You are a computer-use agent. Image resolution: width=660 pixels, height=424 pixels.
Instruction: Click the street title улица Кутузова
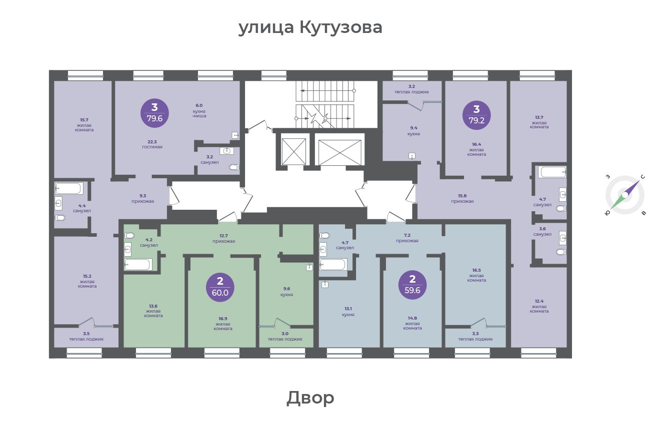click(310, 27)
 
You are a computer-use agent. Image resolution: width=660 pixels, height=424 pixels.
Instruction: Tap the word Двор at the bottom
click(310, 398)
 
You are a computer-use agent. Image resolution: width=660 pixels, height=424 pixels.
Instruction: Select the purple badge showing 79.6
click(154, 113)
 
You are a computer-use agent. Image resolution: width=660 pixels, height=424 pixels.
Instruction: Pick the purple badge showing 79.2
click(476, 115)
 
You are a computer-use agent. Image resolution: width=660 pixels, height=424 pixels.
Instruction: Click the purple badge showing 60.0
click(220, 287)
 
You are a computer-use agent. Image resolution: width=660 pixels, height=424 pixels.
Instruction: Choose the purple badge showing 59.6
click(412, 285)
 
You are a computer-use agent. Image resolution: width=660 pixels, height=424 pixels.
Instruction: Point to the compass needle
click(625, 195)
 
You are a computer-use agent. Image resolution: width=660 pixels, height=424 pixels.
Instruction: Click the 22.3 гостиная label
click(152, 144)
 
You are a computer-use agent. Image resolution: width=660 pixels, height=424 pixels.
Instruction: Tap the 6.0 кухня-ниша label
click(199, 111)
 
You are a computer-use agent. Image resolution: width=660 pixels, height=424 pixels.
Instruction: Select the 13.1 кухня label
click(348, 312)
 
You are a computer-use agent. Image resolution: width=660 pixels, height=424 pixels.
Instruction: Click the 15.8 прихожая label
click(462, 199)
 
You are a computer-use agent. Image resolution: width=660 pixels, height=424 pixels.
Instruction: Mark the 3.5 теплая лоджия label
click(86, 336)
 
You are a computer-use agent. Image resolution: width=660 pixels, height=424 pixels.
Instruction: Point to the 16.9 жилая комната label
click(223, 324)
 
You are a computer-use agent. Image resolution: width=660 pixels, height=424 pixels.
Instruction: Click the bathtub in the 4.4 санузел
click(69, 188)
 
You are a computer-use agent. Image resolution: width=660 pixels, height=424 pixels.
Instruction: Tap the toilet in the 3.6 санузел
click(561, 252)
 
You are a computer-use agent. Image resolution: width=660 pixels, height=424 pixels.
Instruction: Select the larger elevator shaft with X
click(339, 152)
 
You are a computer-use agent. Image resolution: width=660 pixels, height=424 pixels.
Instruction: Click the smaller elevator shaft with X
click(294, 151)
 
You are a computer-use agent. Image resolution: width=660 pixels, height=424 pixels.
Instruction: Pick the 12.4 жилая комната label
click(539, 306)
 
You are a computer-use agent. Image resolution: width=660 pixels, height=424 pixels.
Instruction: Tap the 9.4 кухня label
click(413, 131)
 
